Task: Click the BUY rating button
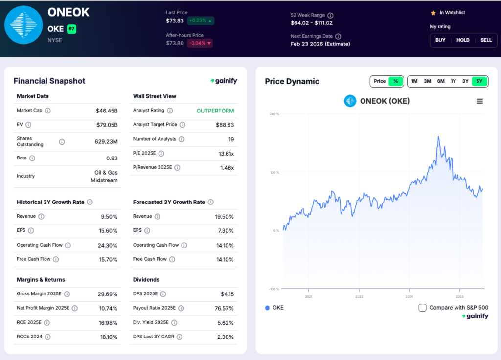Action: (x=440, y=40)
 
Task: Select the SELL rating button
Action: (x=486, y=40)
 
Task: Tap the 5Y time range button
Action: (x=479, y=81)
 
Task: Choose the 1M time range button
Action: (x=414, y=81)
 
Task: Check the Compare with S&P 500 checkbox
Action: (x=423, y=308)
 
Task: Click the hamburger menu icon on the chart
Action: (x=479, y=101)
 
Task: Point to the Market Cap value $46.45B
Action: (x=107, y=111)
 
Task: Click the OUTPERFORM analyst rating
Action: (x=215, y=111)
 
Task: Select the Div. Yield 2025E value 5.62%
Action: (x=225, y=323)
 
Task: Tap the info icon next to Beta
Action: (x=32, y=158)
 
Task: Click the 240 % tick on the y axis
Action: (x=274, y=114)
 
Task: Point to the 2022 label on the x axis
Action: (x=359, y=296)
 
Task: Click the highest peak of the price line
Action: (x=438, y=137)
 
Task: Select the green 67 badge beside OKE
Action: (x=71, y=29)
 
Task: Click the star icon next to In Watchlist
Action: (x=433, y=13)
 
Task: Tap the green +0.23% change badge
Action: (x=201, y=21)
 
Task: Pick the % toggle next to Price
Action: (x=396, y=81)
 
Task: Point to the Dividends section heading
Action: (x=146, y=280)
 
